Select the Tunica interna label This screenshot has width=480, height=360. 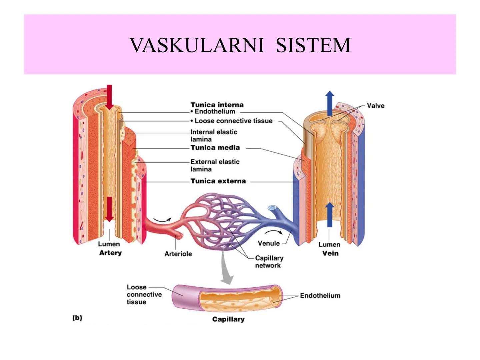217,105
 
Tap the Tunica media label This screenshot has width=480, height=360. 215,148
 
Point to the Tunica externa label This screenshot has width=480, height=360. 218,181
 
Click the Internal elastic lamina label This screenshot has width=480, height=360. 214,136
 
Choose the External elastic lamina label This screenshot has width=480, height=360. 215,165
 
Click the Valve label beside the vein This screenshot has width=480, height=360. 375,106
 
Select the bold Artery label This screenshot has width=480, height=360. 110,253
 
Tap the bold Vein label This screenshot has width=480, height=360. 330,253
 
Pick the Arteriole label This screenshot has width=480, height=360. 178,254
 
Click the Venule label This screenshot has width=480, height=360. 269,243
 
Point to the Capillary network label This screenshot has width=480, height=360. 269,262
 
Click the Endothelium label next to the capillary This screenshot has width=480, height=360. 320,295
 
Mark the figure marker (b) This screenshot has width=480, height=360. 77,318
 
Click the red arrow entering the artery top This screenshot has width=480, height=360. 109,96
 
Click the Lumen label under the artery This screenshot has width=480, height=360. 109,244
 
